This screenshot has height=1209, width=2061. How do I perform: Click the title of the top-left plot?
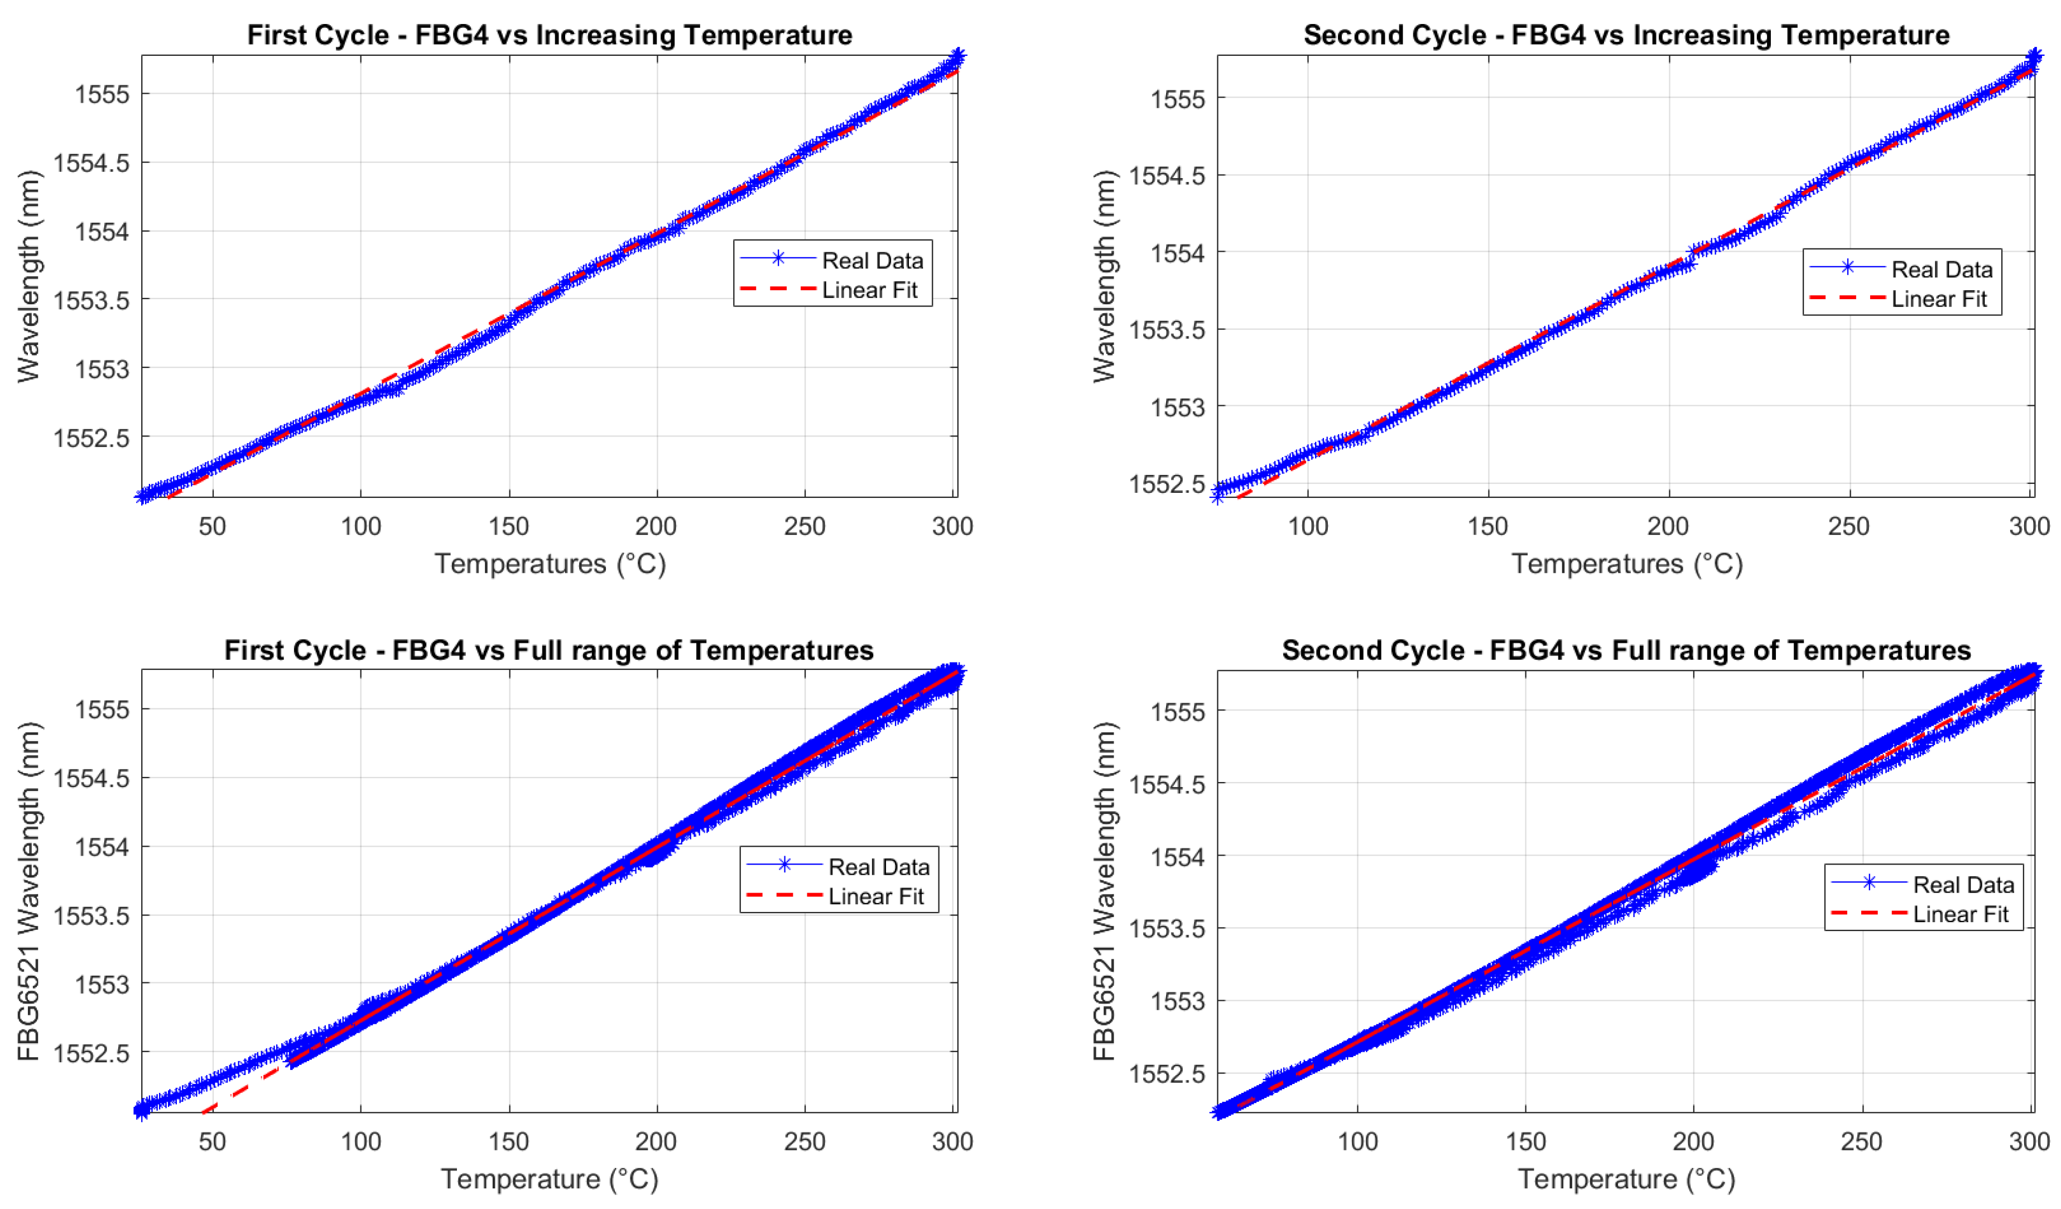(x=550, y=35)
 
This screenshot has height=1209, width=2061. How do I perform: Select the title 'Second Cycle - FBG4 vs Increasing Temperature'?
(x=1626, y=35)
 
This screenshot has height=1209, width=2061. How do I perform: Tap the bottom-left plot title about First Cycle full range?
(x=549, y=650)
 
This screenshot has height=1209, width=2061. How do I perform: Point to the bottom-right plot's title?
(x=1626, y=650)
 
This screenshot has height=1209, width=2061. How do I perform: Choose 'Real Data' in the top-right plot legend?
(x=1942, y=270)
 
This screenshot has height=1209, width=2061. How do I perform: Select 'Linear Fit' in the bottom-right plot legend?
(x=1961, y=914)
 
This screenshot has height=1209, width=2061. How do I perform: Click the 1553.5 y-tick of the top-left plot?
(x=92, y=300)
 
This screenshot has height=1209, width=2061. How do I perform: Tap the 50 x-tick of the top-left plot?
(x=213, y=526)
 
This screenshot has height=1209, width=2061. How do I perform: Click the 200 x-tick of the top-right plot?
(x=1668, y=526)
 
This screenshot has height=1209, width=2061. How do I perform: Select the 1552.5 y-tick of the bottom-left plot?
(x=92, y=1053)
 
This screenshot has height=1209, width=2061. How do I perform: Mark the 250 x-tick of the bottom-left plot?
(x=805, y=1141)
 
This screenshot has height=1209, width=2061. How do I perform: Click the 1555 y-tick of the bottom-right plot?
(x=1178, y=712)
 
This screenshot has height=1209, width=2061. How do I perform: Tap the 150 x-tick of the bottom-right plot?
(x=1525, y=1141)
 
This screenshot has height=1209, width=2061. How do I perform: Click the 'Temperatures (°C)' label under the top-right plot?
(x=1627, y=564)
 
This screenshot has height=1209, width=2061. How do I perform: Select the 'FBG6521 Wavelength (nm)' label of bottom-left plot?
(x=28, y=891)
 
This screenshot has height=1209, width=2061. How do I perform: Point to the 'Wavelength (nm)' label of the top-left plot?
(x=28, y=276)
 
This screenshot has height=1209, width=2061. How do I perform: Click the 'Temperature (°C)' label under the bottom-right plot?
(x=1627, y=1179)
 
